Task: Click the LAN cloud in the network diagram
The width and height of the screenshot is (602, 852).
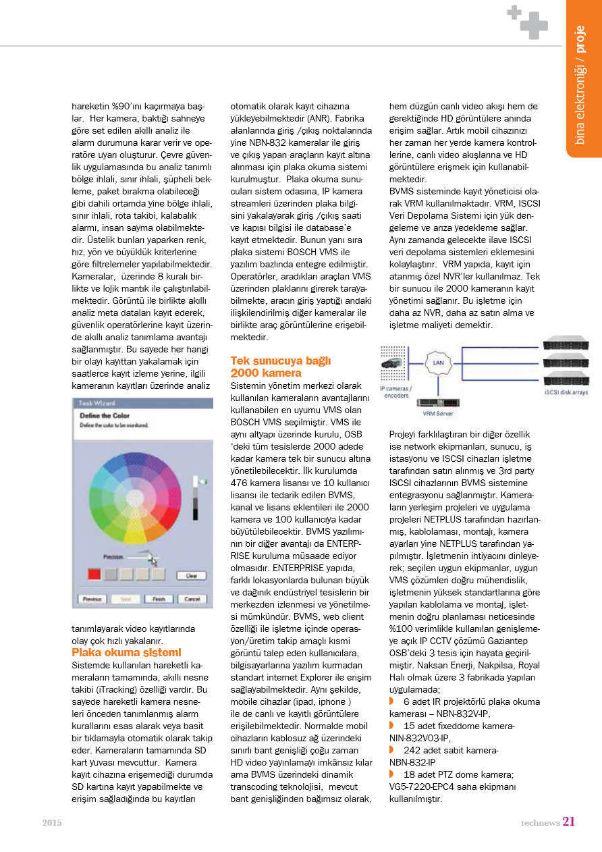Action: pos(438,363)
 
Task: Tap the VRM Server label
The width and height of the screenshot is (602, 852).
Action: pos(438,413)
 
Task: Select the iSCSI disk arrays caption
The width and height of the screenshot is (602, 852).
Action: pos(566,392)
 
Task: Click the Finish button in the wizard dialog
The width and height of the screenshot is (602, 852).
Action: pos(159,600)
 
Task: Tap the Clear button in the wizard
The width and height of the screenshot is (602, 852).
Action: pos(191,576)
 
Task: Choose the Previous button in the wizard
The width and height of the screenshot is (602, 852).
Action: pos(93,600)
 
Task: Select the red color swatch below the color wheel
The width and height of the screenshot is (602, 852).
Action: pos(94,574)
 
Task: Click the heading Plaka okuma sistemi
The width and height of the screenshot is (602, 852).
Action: pos(126,652)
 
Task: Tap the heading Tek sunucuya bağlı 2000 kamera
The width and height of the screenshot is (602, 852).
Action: pos(281,367)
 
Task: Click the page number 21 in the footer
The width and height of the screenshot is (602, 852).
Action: pos(568,822)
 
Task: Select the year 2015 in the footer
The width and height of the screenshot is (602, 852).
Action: pos(52,822)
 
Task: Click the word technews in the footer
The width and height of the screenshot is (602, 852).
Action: pos(540,822)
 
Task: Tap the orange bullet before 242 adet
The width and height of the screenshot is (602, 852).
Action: pos(392,750)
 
